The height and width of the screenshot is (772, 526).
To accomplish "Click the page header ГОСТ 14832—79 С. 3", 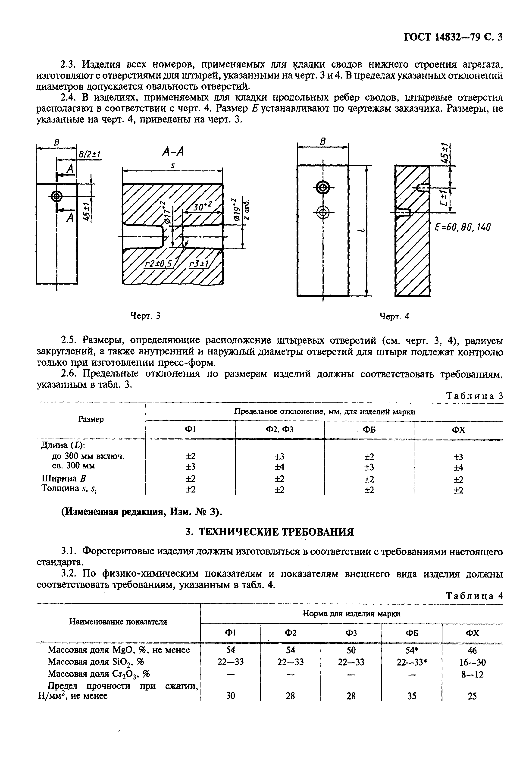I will (453, 37).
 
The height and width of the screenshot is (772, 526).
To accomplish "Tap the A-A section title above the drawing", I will (173, 152).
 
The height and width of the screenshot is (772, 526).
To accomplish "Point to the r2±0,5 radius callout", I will (159, 264).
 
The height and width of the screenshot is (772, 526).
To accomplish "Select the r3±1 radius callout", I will (199, 264).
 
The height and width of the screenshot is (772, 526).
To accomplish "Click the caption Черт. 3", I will (145, 316).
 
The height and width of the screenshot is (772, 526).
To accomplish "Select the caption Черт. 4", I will (394, 316).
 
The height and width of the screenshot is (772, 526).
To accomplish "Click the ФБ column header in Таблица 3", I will (369, 430).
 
